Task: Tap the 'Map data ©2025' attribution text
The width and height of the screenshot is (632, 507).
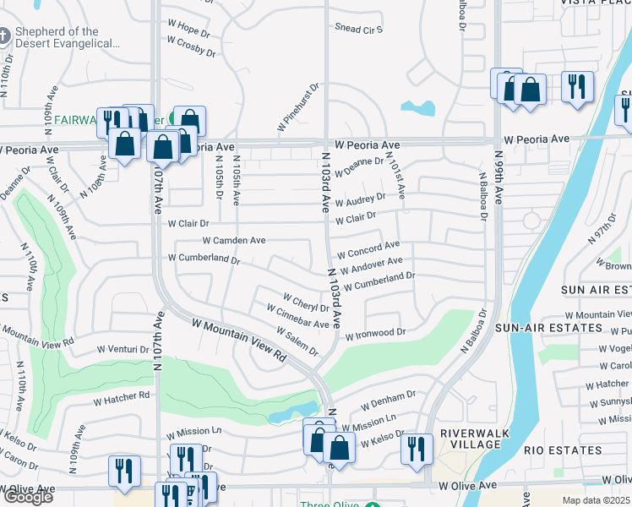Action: (596, 500)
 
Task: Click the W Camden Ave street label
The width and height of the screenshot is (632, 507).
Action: (233, 241)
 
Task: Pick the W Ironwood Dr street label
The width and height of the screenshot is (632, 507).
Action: (375, 335)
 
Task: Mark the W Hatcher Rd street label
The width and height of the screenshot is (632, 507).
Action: (121, 395)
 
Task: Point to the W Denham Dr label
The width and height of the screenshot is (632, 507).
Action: (388, 400)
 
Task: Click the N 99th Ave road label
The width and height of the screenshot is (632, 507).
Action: (499, 177)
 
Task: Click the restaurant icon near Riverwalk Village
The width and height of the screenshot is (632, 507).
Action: (415, 448)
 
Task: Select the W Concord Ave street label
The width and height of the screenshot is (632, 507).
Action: (368, 250)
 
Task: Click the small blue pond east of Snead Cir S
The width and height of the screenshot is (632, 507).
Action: (418, 108)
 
